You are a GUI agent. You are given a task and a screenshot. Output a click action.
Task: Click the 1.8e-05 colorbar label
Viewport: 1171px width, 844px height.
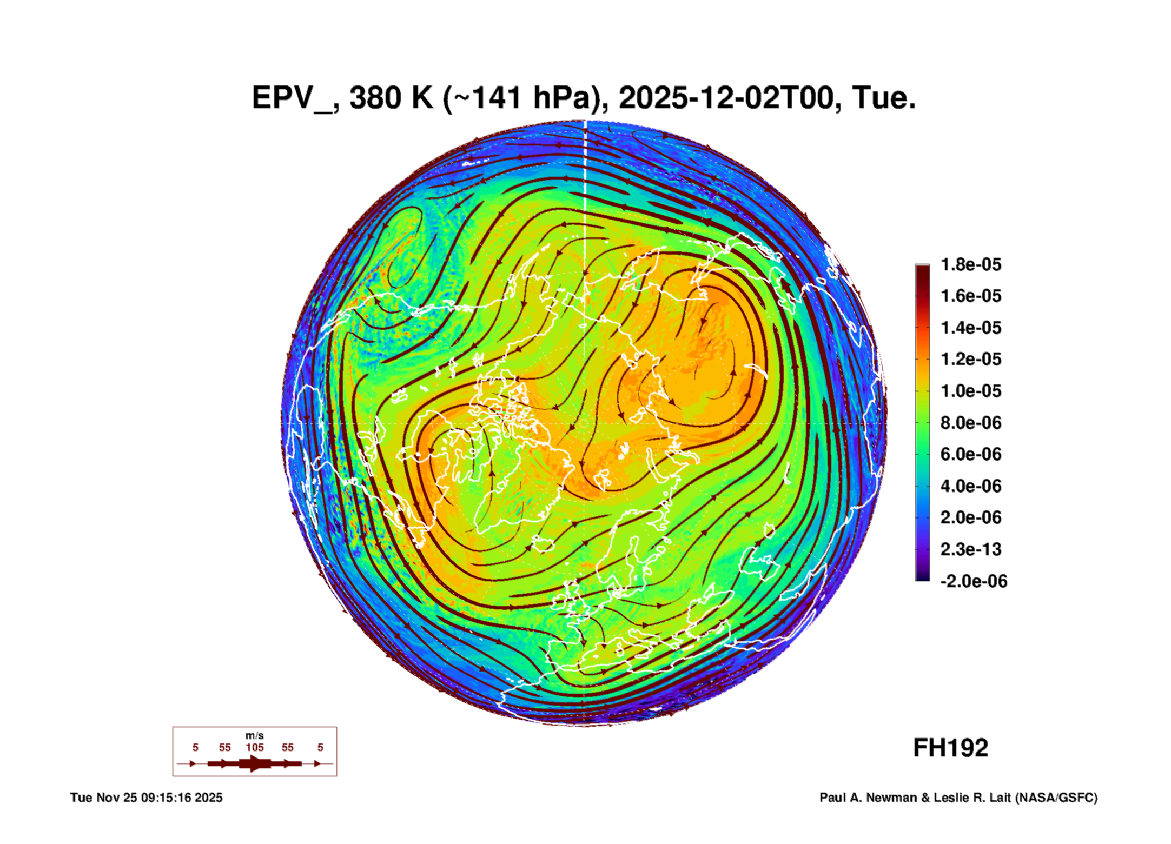click(971, 264)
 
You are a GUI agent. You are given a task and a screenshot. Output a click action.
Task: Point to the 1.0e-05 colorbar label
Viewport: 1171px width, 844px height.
click(971, 391)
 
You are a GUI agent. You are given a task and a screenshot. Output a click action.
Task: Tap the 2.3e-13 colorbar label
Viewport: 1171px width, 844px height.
click(971, 549)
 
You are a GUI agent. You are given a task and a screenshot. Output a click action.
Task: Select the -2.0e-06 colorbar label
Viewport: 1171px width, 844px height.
click(974, 581)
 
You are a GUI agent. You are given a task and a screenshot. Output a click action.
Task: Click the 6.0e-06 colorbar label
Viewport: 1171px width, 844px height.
click(971, 454)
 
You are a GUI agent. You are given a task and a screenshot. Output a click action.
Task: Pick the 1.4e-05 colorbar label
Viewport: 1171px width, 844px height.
click(971, 328)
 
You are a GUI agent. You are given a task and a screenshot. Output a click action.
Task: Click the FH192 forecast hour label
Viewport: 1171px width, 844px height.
click(950, 748)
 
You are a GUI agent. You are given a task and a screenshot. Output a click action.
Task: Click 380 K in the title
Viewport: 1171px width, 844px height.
click(392, 98)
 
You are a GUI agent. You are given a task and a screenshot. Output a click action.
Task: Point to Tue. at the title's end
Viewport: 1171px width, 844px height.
click(884, 98)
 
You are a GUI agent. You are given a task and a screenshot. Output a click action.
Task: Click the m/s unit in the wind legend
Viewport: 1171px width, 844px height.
click(254, 736)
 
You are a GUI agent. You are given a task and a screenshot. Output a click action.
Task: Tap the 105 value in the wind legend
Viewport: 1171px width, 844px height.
click(254, 748)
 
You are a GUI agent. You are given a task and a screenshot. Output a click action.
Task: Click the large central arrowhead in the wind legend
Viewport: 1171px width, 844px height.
click(255, 763)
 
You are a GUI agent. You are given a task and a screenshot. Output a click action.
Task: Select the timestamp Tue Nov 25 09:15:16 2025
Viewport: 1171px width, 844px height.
click(146, 798)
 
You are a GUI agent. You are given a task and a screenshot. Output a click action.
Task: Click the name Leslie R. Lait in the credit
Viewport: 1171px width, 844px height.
click(971, 798)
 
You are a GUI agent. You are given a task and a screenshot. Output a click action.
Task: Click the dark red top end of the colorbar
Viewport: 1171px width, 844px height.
click(922, 270)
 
